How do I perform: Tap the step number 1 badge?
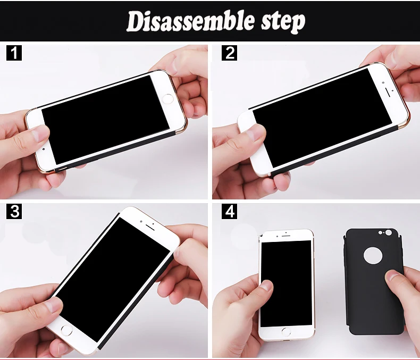pos(14,53)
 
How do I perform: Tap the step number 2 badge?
pos(229,53)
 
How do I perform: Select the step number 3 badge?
pos(14,211)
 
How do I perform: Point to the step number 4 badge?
pos(229,211)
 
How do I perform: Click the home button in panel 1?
pos(167,98)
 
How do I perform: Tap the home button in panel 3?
pos(66,330)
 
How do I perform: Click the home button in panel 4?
pos(286,332)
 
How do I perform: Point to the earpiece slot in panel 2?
pos(388,92)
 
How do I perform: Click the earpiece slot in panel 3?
pos(150,227)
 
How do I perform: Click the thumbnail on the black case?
pos(393,275)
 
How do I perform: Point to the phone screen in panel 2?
pos(322,118)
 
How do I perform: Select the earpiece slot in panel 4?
pos(286,236)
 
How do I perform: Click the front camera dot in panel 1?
pos(44,149)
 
